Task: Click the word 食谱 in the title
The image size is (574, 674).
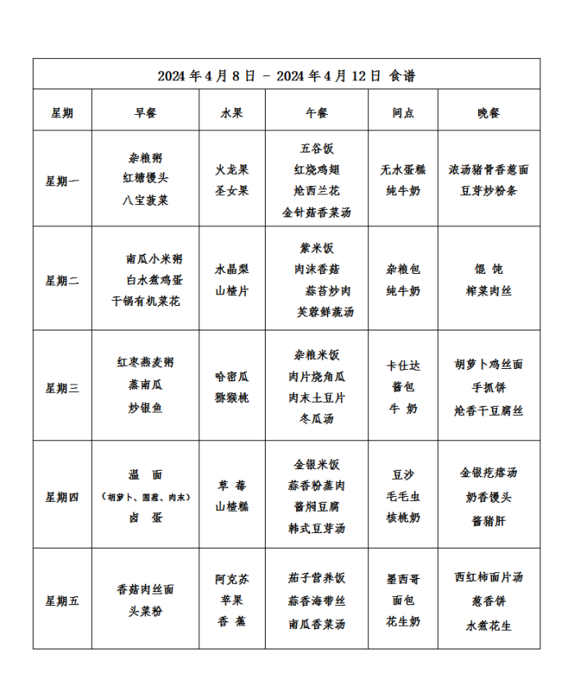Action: pyautogui.click(x=402, y=76)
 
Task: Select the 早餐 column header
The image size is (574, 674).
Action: pyautogui.click(x=145, y=113)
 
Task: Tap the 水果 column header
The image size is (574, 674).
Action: pyautogui.click(x=232, y=113)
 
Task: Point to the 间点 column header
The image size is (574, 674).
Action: pyautogui.click(x=403, y=113)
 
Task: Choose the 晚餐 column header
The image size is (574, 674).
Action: pyautogui.click(x=489, y=113)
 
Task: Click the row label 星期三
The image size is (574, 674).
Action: pyautogui.click(x=62, y=388)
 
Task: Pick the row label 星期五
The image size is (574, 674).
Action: pyautogui.click(x=62, y=601)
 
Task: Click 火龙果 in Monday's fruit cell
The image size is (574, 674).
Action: pyautogui.click(x=232, y=170)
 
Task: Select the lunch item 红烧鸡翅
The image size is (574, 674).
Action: pyautogui.click(x=317, y=170)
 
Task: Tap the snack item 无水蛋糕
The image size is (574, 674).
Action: pyautogui.click(x=403, y=170)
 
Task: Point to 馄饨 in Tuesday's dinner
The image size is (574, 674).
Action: pyautogui.click(x=489, y=269)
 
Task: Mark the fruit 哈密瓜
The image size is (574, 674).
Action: pyautogui.click(x=232, y=377)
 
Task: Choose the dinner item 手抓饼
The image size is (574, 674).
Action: pyautogui.click(x=489, y=388)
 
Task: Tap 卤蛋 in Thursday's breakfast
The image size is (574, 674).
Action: pyautogui.click(x=145, y=517)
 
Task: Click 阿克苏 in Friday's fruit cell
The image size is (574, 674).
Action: pyautogui.click(x=232, y=579)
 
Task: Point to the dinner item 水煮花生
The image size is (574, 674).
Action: pyautogui.click(x=489, y=625)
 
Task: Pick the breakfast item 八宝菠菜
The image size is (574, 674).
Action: pyautogui.click(x=145, y=199)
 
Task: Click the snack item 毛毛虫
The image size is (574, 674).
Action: pyautogui.click(x=403, y=496)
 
